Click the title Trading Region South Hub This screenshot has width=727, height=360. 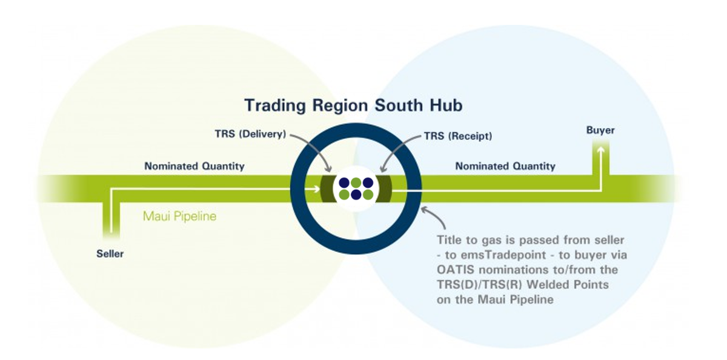tap(353, 105)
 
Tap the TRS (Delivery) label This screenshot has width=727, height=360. tap(251, 134)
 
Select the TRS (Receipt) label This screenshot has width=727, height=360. tap(458, 136)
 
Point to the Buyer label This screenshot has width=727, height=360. tap(600, 130)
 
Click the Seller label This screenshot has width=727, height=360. tap(110, 254)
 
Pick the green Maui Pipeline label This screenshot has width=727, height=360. tap(179, 216)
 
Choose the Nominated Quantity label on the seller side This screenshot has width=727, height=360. tap(194, 166)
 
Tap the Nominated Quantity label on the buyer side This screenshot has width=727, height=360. tap(505, 166)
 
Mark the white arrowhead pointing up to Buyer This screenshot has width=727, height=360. tap(601, 150)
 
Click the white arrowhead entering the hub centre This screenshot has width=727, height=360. tap(317, 189)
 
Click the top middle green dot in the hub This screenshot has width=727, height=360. tap(356, 183)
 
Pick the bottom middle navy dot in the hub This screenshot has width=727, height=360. tap(356, 195)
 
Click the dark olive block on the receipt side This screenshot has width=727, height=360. tap(385, 189)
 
